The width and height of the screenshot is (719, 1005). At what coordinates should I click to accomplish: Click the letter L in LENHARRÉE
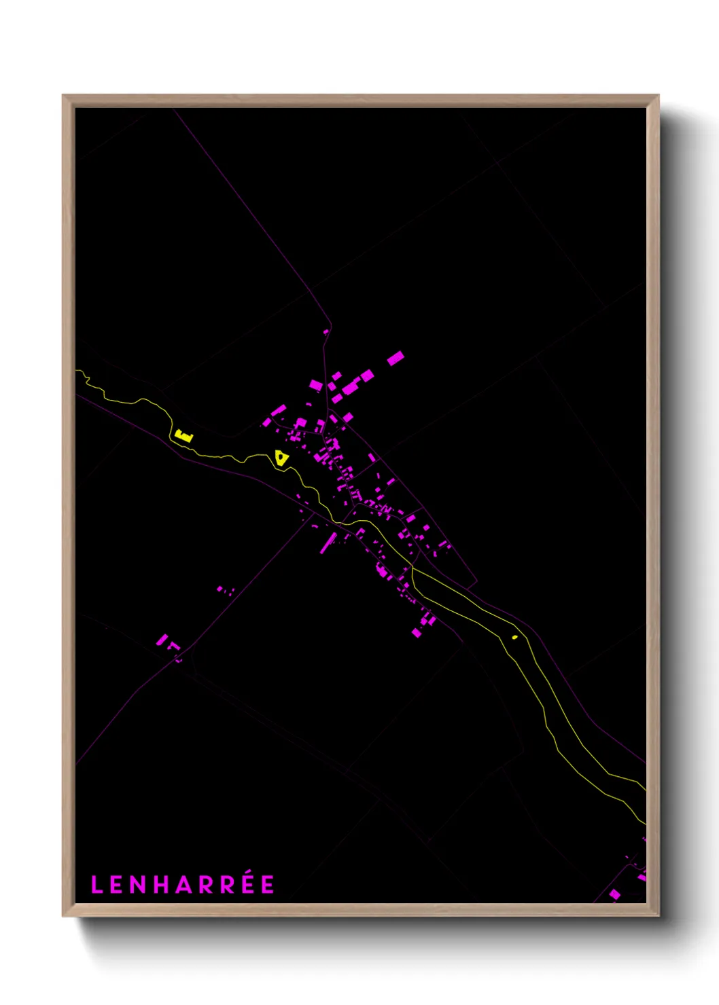[x=96, y=885]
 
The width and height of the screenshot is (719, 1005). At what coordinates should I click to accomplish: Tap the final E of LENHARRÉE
[x=268, y=885]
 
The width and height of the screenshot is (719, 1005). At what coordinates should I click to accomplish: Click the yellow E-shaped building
[x=183, y=435]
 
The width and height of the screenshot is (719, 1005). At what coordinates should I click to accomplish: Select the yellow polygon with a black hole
[x=281, y=458]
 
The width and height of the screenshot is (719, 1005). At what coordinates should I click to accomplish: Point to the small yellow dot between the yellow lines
[x=514, y=637]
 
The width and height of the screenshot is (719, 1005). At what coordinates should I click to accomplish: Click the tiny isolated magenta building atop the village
[x=326, y=332]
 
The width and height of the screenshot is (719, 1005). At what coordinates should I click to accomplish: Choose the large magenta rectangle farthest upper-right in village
[x=396, y=358]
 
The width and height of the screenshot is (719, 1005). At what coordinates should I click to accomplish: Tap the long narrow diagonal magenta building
[x=329, y=543]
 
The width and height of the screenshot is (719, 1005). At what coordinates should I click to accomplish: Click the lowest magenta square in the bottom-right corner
[x=614, y=895]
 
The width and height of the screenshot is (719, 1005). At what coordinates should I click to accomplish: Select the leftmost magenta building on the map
[x=162, y=640]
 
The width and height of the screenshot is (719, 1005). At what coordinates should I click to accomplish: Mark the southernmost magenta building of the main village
[x=417, y=633]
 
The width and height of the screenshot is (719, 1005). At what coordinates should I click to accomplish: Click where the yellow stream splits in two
[x=412, y=567]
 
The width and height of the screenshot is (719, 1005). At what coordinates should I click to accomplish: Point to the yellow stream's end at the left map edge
[x=77, y=371]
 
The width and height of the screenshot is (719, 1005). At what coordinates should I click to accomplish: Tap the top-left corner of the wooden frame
[x=63, y=96]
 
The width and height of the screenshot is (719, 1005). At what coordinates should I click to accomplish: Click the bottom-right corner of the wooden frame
[x=658, y=915]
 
